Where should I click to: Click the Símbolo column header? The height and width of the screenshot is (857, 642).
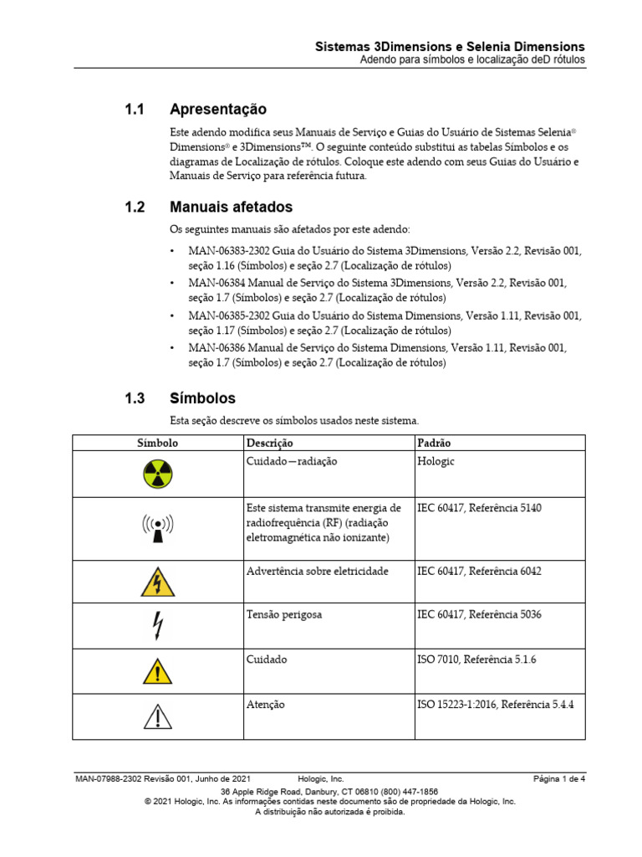(157, 443)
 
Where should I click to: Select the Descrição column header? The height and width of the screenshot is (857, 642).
(270, 443)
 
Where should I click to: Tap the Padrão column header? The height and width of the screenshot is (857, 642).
(434, 443)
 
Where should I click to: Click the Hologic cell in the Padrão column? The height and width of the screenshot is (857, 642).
(436, 461)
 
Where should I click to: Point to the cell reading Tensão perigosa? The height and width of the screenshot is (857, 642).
(284, 614)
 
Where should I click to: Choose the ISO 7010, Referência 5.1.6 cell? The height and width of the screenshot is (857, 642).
(476, 659)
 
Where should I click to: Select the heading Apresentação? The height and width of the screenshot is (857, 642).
(217, 110)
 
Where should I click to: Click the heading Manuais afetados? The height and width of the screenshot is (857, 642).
(231, 207)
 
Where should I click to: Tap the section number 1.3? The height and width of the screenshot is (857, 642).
(135, 398)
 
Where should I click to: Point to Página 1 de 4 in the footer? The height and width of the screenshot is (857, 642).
(559, 779)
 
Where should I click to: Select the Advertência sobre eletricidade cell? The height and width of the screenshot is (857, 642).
(317, 571)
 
